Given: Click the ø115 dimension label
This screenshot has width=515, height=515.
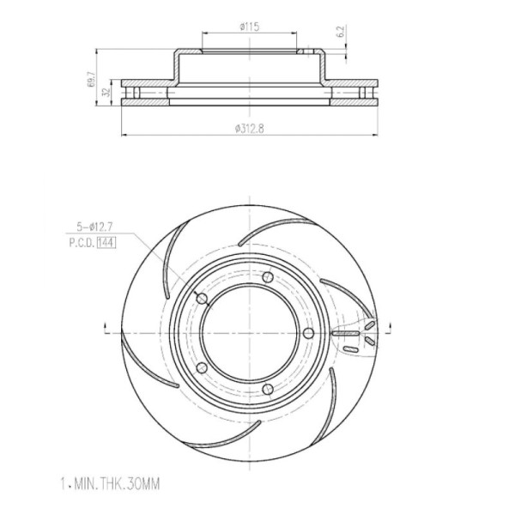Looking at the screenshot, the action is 249,27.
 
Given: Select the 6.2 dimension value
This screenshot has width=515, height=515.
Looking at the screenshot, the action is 341,31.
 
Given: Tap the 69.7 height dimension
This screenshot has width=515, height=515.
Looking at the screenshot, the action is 91,79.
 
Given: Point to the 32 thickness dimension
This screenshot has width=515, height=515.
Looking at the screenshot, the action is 106,92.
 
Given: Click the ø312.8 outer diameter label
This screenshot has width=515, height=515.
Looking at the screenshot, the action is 249,129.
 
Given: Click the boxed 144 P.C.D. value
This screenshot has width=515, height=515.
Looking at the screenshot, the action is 106,243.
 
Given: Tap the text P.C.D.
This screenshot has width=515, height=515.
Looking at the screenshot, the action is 82,243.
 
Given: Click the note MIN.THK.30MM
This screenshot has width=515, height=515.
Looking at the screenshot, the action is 118,484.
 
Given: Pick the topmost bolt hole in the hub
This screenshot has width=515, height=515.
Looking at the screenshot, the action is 268,277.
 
